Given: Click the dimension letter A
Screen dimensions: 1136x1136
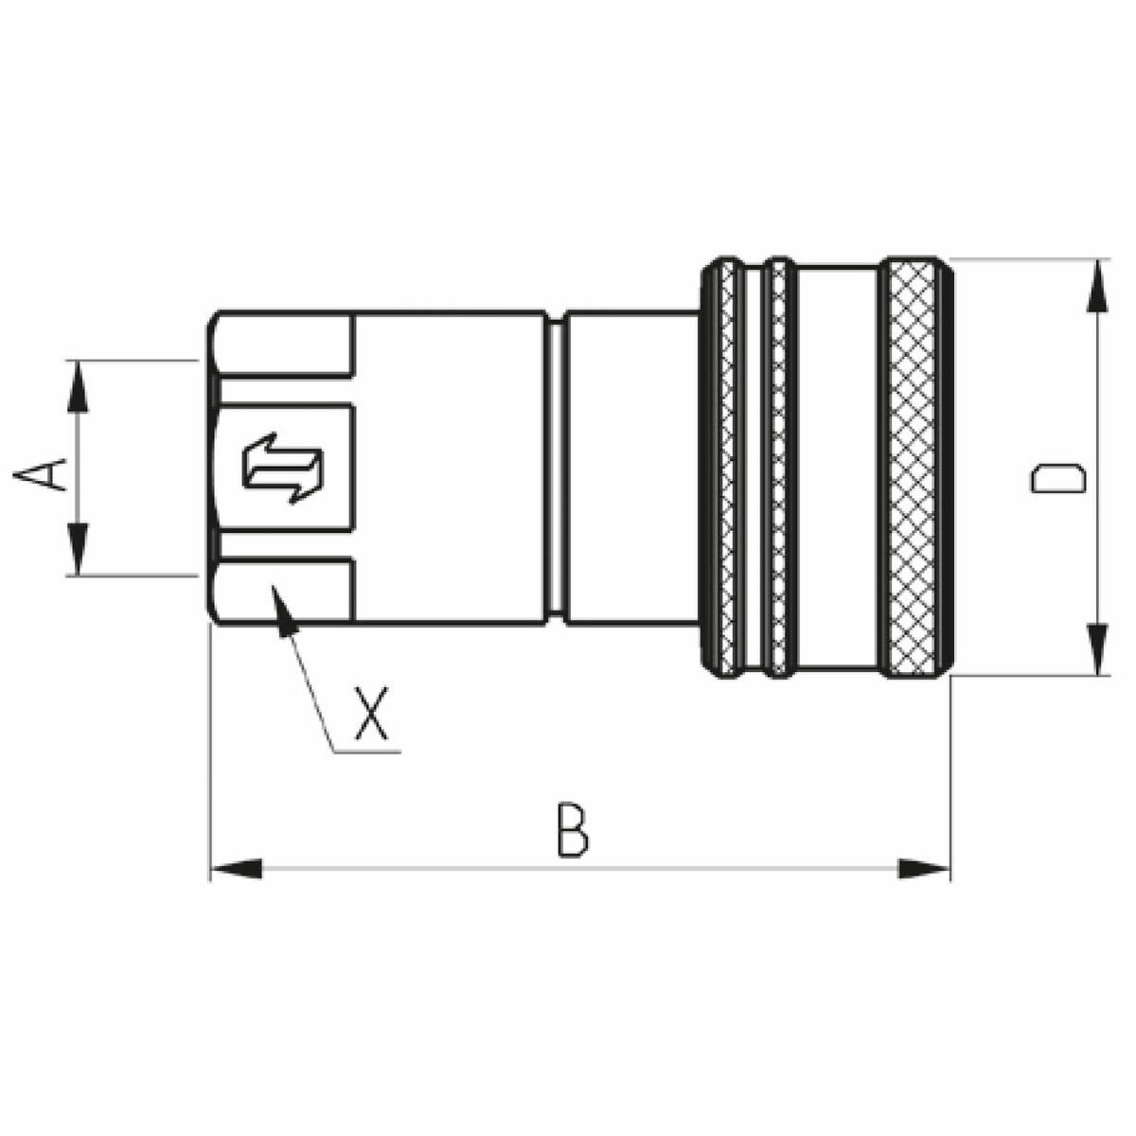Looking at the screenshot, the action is [40, 475].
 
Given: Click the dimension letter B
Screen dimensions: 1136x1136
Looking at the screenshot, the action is [573, 829].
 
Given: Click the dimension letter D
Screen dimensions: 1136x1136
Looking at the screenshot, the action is [1057, 477].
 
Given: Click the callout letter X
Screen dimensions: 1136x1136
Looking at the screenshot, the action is [371, 712].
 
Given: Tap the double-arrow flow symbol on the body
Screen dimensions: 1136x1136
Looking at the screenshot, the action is [283, 468].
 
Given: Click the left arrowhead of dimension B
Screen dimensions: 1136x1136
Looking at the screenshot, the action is [236, 869].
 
